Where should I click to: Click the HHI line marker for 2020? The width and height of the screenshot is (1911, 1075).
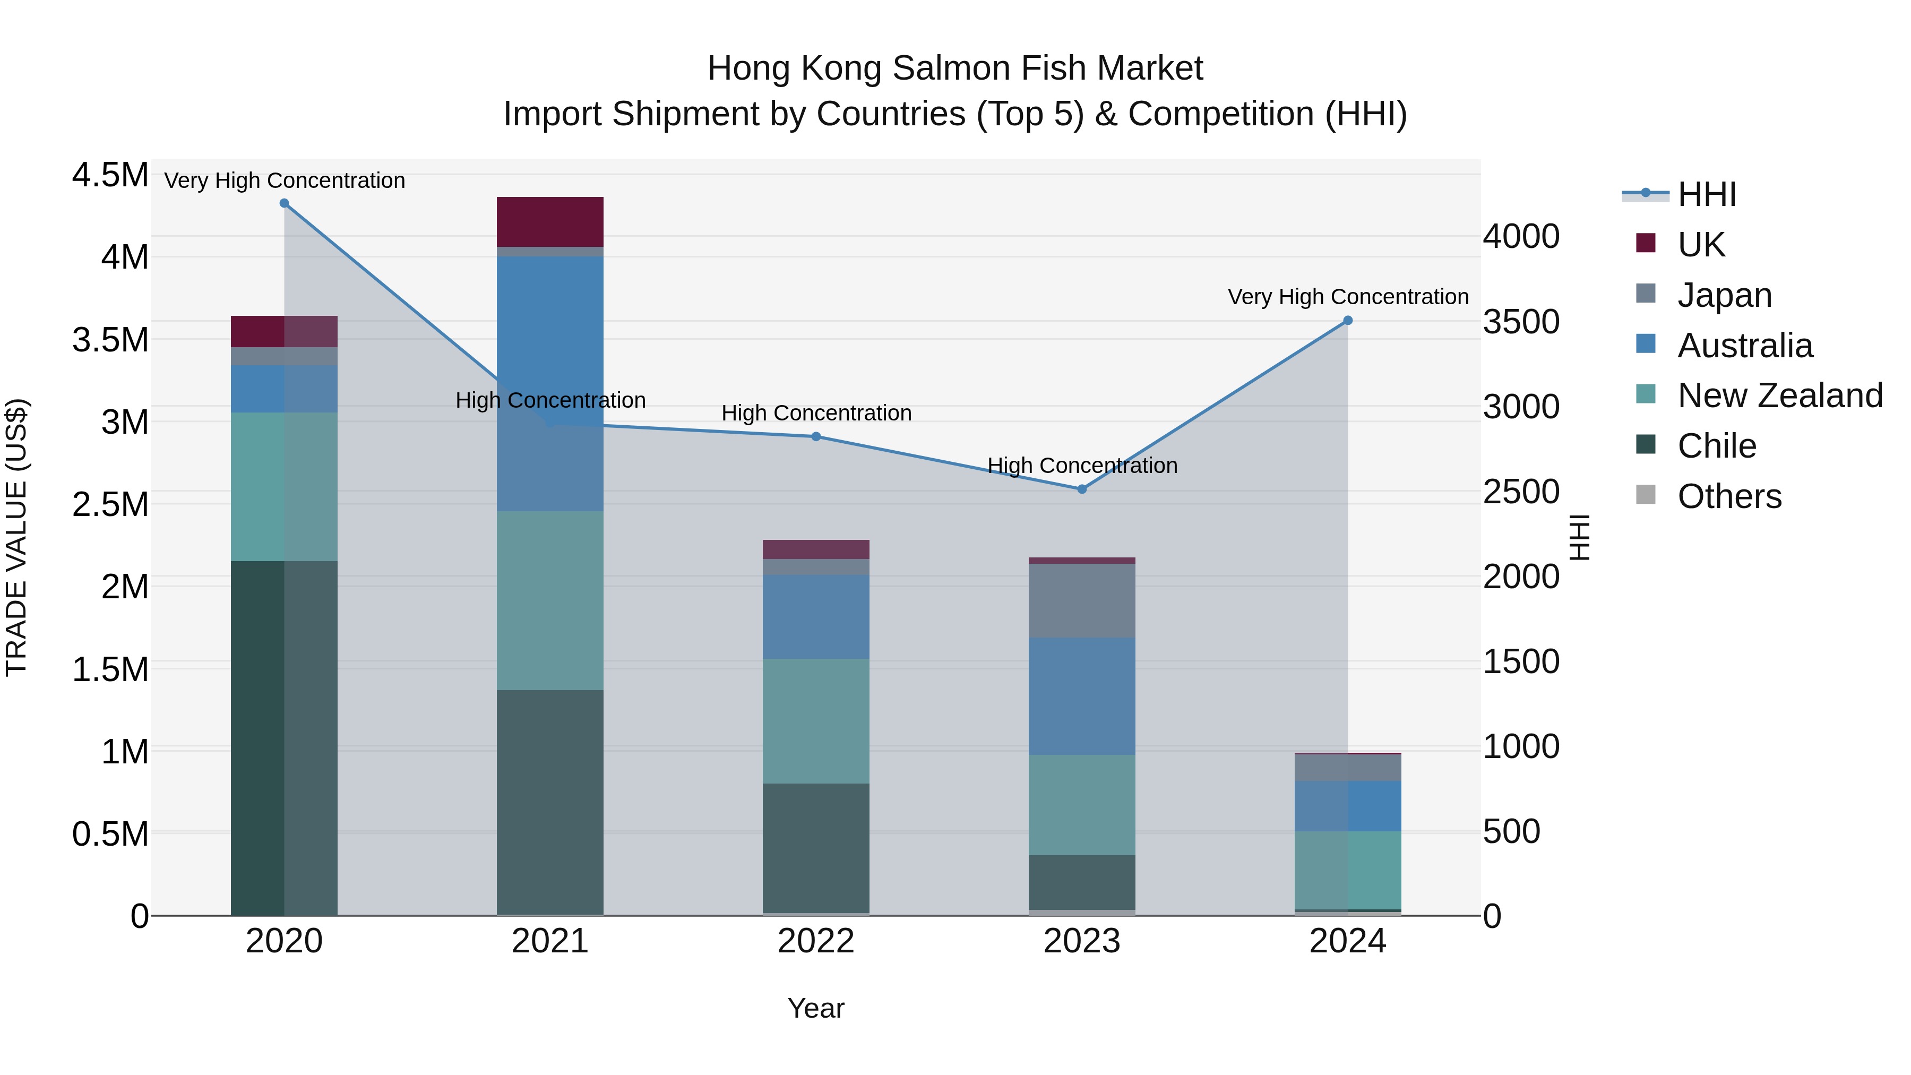[x=284, y=203]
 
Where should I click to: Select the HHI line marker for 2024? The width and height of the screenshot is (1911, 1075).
[x=1348, y=321]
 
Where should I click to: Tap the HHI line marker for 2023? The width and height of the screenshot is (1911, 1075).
[x=1082, y=489]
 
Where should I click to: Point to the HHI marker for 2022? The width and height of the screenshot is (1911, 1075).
[x=816, y=437]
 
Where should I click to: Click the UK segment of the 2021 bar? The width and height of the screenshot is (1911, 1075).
[x=550, y=222]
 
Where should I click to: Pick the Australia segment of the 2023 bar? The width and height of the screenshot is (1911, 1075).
[x=1082, y=696]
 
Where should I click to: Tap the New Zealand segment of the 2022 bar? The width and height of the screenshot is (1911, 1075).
[x=816, y=720]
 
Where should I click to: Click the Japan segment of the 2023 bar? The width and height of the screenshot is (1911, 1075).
[x=1082, y=600]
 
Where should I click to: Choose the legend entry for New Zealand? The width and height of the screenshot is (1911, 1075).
[x=1780, y=395]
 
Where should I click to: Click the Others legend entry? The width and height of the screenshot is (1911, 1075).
[x=1729, y=496]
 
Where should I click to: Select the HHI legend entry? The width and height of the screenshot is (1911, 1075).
[x=1706, y=194]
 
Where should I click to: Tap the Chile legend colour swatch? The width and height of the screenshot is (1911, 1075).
[x=1646, y=444]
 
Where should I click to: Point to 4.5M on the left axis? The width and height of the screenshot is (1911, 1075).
[x=110, y=176]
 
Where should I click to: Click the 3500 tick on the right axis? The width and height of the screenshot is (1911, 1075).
[x=1521, y=322]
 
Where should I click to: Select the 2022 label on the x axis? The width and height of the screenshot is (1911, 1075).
[x=816, y=941]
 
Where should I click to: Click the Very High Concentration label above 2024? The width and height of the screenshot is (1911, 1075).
[x=1348, y=297]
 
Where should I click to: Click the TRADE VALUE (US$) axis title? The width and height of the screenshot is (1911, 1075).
[x=16, y=537]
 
